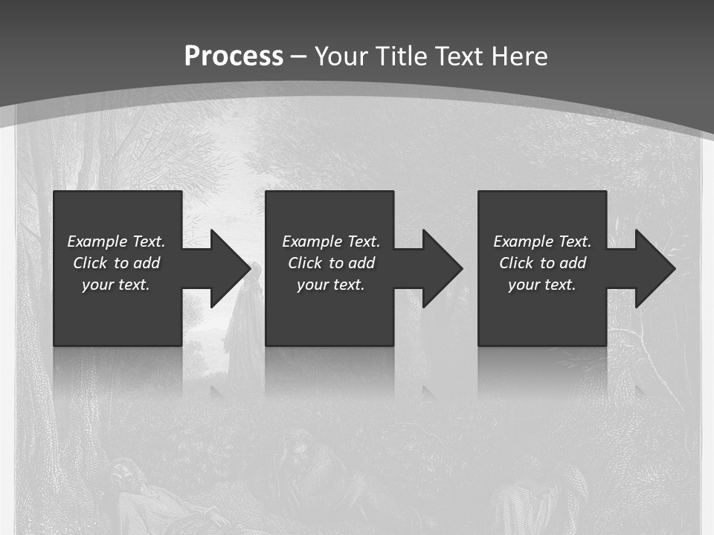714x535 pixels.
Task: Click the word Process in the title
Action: point(234,56)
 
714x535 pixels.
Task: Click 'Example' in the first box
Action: point(97,241)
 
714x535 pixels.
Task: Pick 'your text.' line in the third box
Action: point(541,285)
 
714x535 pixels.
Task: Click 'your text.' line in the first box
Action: point(116,285)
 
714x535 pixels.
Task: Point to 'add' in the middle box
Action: point(361,263)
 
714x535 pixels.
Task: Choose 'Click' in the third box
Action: point(515,263)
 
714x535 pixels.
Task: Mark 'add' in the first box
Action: point(147,263)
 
